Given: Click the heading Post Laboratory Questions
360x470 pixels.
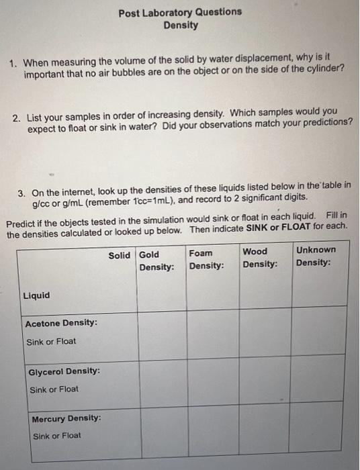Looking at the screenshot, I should (180, 12).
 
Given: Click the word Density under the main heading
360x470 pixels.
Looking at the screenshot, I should (181, 25).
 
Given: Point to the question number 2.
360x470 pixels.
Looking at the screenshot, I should (17, 117).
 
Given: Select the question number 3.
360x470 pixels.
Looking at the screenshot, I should (22, 193).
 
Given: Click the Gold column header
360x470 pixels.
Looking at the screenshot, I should (149, 254).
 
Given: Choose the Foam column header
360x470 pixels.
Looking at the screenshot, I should (201, 253).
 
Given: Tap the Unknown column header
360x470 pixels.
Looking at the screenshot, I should (316, 250).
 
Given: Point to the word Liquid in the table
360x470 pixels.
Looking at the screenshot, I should (36, 295).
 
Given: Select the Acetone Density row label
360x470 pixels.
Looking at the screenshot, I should (60, 323).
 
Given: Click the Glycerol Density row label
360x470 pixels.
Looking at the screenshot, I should (64, 371).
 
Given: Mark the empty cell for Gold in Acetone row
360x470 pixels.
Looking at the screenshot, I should (162, 332).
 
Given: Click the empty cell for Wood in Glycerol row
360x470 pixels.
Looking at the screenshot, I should (265, 380).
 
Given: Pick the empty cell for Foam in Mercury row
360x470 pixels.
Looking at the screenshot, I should (213, 427).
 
